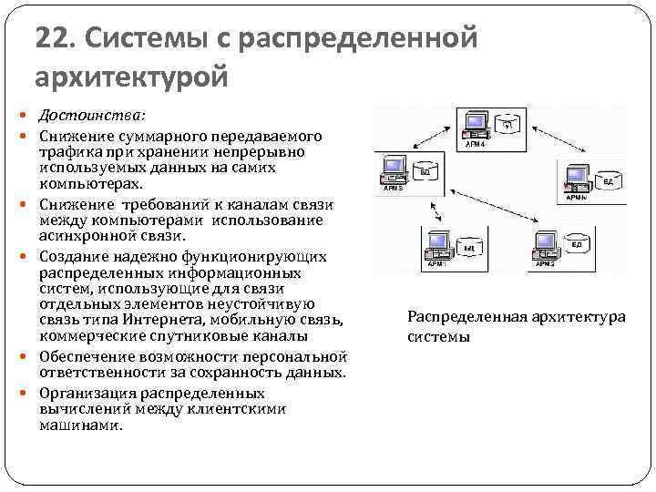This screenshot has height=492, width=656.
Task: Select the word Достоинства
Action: point(89,118)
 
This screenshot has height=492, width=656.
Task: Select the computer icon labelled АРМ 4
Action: point(475,124)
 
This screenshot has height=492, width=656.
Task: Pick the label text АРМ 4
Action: point(477,144)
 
